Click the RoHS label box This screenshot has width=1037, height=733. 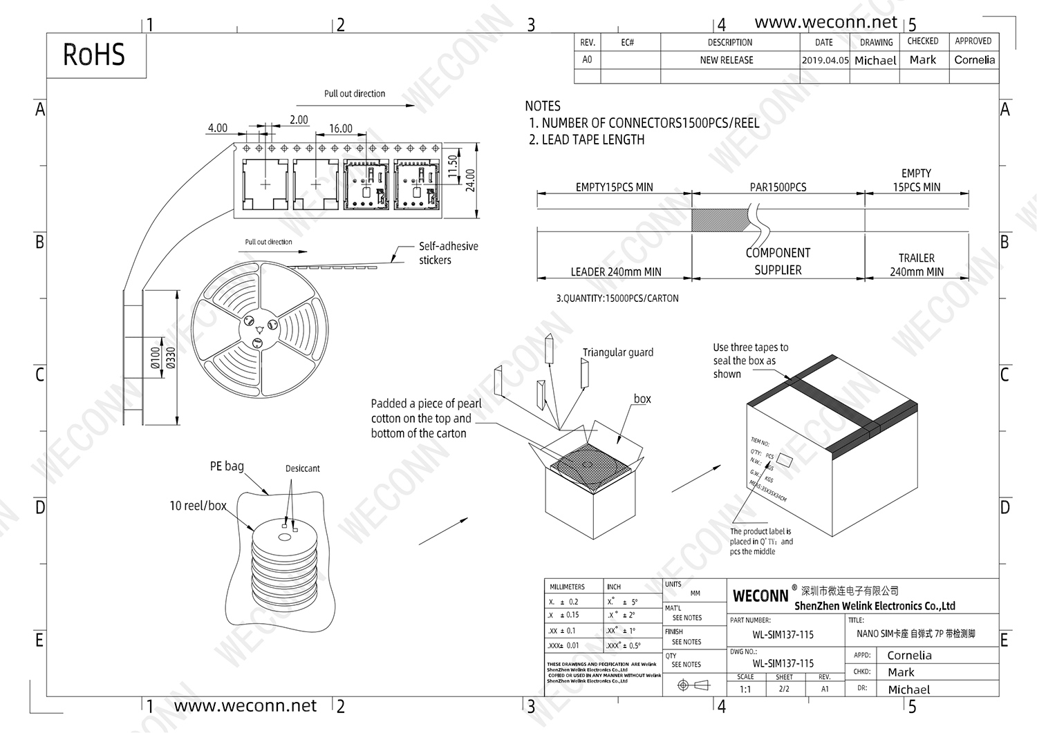(95, 55)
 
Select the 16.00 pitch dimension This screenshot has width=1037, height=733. (340, 128)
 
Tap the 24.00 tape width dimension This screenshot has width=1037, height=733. (471, 180)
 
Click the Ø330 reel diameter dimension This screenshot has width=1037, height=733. (171, 357)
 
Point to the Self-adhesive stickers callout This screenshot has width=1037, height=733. (447, 253)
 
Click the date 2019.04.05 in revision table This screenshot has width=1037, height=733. (825, 60)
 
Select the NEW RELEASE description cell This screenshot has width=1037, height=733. (726, 60)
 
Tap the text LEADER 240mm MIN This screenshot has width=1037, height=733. (615, 272)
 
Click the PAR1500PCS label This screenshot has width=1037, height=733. (778, 187)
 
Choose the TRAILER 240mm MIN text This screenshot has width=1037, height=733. (916, 265)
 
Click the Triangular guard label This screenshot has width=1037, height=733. (617, 352)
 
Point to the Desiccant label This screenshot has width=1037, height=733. (302, 468)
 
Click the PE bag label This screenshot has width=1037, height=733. (227, 466)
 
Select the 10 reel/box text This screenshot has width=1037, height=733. (198, 506)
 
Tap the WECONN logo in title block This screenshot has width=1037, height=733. (760, 596)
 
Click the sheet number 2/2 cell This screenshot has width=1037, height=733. (784, 689)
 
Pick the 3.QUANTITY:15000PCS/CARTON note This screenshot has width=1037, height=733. (617, 298)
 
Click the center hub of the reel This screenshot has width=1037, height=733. (259, 330)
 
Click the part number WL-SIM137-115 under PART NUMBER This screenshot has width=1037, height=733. (783, 634)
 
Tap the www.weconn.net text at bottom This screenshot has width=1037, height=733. (245, 706)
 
